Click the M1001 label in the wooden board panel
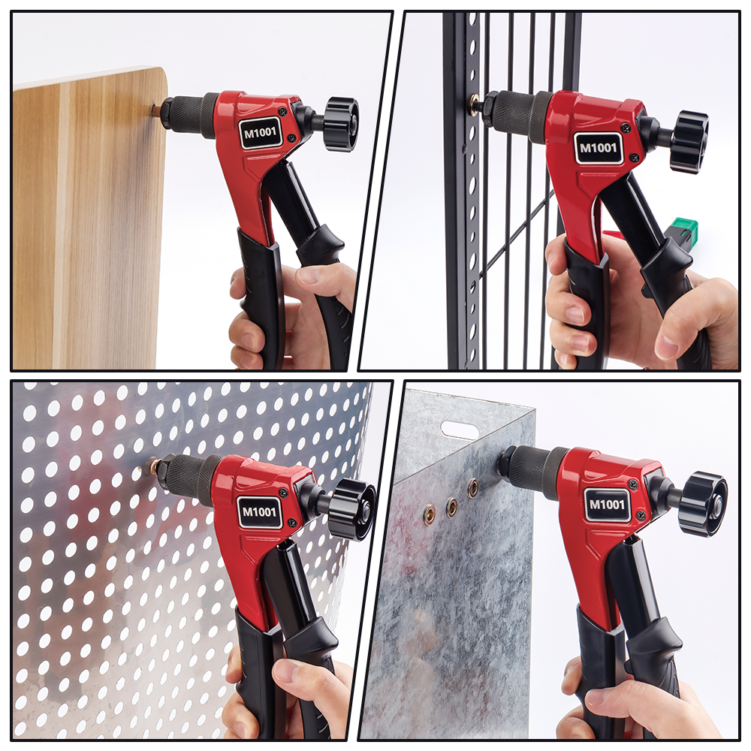(x=261, y=133)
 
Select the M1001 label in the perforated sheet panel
(x=259, y=512)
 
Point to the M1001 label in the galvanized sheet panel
(x=607, y=505)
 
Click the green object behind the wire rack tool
(x=682, y=229)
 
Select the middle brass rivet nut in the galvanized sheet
(x=451, y=508)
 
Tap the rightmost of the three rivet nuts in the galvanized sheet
(x=472, y=487)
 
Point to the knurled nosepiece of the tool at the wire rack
(x=518, y=114)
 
